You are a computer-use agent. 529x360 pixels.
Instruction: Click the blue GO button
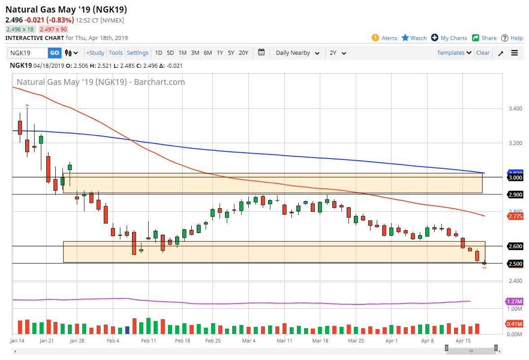pos(54,53)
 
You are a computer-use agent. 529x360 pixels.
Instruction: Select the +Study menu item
pos(95,53)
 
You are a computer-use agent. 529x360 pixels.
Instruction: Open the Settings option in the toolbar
pos(137,53)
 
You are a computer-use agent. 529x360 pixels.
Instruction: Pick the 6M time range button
pos(207,53)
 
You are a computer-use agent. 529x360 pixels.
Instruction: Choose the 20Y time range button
pos(243,53)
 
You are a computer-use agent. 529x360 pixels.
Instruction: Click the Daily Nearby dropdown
pos(297,53)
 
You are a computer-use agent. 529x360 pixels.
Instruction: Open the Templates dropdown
pos(454,53)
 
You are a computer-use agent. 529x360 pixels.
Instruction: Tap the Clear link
pos(483,53)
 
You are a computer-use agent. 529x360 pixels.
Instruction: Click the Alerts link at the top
pos(384,38)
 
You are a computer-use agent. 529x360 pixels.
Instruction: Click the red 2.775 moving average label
pos(514,216)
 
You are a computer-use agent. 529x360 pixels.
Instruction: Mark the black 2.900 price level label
pos(515,194)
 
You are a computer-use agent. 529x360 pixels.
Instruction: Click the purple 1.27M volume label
pos(514,301)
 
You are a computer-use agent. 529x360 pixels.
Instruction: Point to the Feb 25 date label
pos(213,341)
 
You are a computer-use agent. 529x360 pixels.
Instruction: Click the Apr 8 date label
pos(427,341)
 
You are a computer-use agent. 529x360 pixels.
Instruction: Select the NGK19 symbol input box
pos(27,53)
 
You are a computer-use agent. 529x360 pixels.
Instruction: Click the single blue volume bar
pos(128,330)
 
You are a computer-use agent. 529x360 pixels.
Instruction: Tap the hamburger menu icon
pos(515,53)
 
